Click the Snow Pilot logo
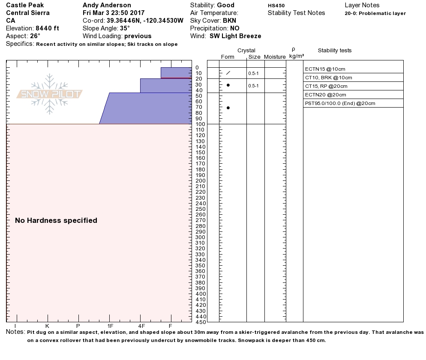pyautogui.click(x=50, y=94)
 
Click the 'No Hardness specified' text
pyautogui.click(x=56, y=220)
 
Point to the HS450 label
pyautogui.click(x=276, y=6)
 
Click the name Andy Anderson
pyautogui.click(x=107, y=5)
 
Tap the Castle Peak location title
pyautogui.click(x=24, y=5)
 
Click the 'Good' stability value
pyautogui.click(x=225, y=5)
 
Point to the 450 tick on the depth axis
pyautogui.click(x=200, y=322)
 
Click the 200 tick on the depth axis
pyautogui.click(x=200, y=181)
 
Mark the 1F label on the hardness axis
pyautogui.click(x=110, y=326)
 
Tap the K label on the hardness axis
pyautogui.click(x=47, y=326)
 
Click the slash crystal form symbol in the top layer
pyautogui.click(x=228, y=73)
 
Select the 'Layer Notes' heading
pyautogui.click(x=362, y=5)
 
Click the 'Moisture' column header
pyautogui.click(x=275, y=57)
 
